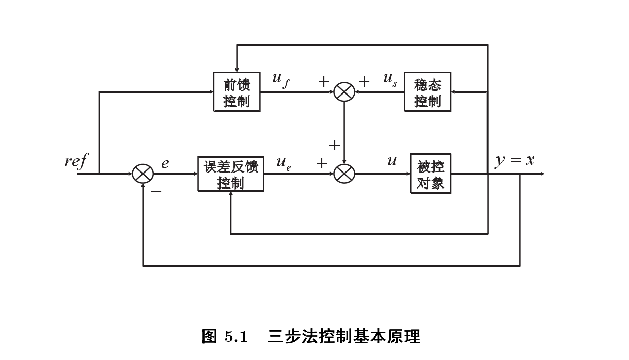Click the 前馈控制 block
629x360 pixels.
point(237,92)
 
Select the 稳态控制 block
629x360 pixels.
point(427,92)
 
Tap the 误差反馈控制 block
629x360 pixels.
point(230,174)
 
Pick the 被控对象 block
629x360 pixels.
point(430,174)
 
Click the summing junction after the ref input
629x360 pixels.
point(143,174)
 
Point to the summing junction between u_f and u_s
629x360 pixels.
point(344,92)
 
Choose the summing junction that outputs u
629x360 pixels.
point(344,174)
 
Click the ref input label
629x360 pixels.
point(75,161)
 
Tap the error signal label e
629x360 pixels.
point(165,164)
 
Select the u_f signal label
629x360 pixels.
point(280,80)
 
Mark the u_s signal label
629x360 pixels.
point(390,80)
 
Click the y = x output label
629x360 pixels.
point(515,161)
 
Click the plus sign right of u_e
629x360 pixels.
point(322,164)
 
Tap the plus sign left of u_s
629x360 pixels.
point(364,82)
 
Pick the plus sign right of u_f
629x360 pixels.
point(323,82)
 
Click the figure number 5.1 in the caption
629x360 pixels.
point(236,337)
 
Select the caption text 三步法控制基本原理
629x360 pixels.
point(344,337)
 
